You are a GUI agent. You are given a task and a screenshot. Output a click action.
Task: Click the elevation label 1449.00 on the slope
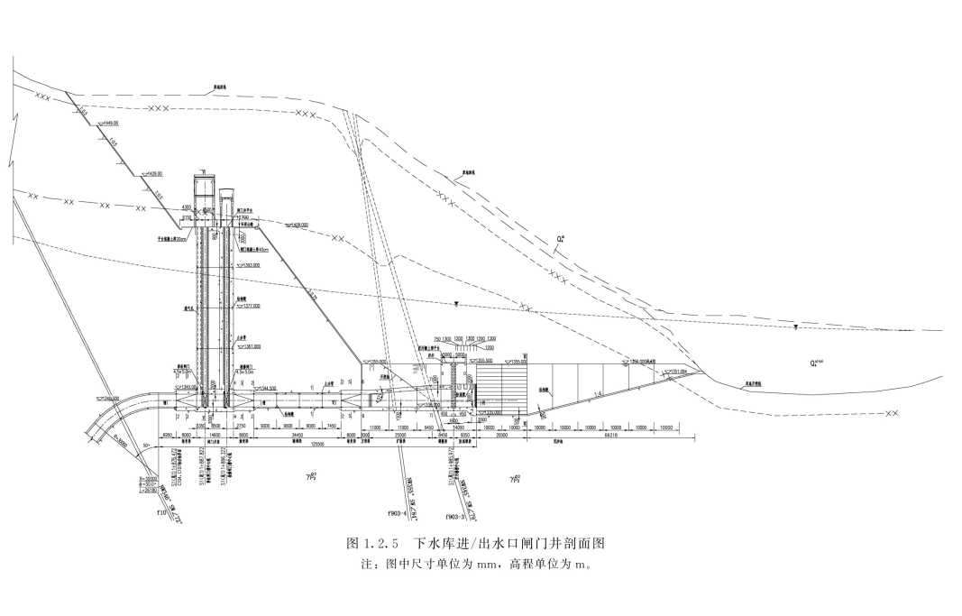coord(109,123)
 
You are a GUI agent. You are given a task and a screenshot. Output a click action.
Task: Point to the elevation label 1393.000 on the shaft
coord(250,265)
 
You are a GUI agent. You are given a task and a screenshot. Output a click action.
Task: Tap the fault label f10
coord(162,513)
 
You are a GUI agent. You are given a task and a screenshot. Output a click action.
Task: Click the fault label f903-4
coord(398,512)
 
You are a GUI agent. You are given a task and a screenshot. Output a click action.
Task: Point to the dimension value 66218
coord(610,435)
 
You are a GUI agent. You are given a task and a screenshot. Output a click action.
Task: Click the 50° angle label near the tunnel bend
coord(144,446)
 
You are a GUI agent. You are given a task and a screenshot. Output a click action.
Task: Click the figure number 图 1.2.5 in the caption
coord(372,544)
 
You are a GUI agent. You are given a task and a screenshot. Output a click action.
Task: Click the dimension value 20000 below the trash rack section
coord(501,435)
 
